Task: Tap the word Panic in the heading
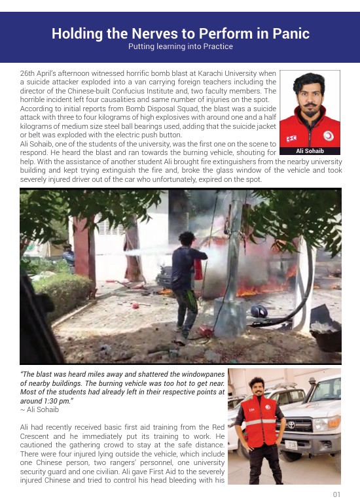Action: [x=286, y=33]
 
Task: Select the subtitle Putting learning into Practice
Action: [x=180, y=46]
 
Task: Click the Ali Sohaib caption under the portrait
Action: [x=310, y=151]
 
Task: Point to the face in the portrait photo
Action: [x=310, y=95]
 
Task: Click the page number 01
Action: [x=336, y=494]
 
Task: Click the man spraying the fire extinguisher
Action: [x=189, y=275]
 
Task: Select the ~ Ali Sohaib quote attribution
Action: [x=39, y=409]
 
